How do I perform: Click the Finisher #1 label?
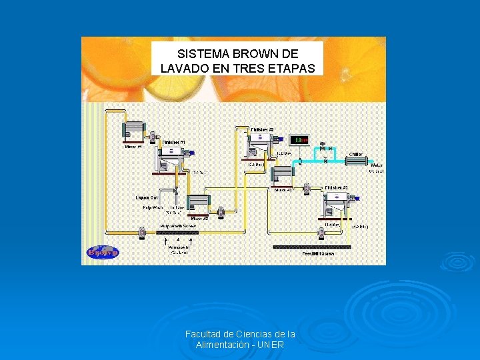click(173, 142)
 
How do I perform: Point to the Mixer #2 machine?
click(198, 204)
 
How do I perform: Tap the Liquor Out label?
click(146, 197)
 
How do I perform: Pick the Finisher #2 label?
click(262, 129)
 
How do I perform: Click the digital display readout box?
click(299, 139)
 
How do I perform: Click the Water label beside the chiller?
click(376, 165)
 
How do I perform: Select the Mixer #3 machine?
click(283, 175)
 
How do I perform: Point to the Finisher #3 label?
click(336, 188)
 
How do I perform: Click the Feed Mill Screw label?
click(318, 253)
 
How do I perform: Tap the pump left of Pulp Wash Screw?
click(141, 232)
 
